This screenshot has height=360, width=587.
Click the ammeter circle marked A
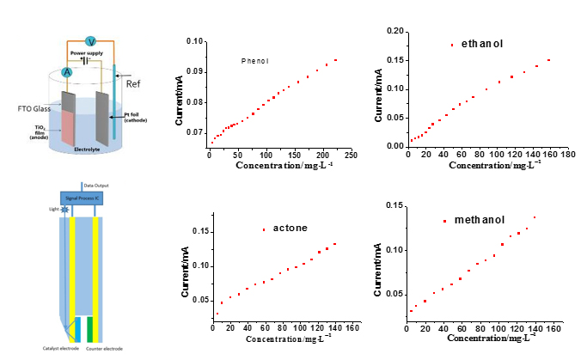pyautogui.click(x=67, y=72)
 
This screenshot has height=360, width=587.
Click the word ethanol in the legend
pyautogui.click(x=481, y=44)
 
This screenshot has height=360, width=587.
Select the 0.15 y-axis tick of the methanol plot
pyautogui.click(x=394, y=205)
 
